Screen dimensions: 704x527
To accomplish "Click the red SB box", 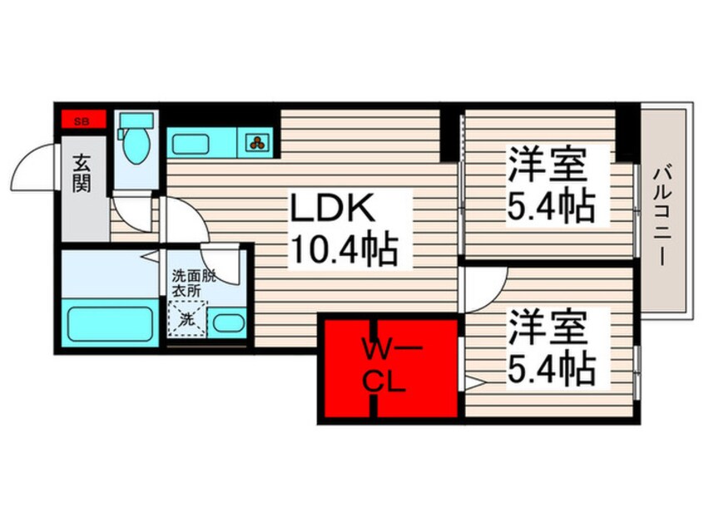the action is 84,120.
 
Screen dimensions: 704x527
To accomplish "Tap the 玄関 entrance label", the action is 82,173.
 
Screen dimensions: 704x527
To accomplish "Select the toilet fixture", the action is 136,138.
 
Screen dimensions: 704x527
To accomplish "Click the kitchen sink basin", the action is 191,144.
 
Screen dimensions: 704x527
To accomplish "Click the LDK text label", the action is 332,207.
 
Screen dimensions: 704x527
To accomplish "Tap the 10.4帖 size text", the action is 345,249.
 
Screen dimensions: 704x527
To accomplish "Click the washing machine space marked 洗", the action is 188,319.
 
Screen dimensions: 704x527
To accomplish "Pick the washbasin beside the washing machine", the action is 229,323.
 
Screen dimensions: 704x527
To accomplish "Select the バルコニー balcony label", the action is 662,217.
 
